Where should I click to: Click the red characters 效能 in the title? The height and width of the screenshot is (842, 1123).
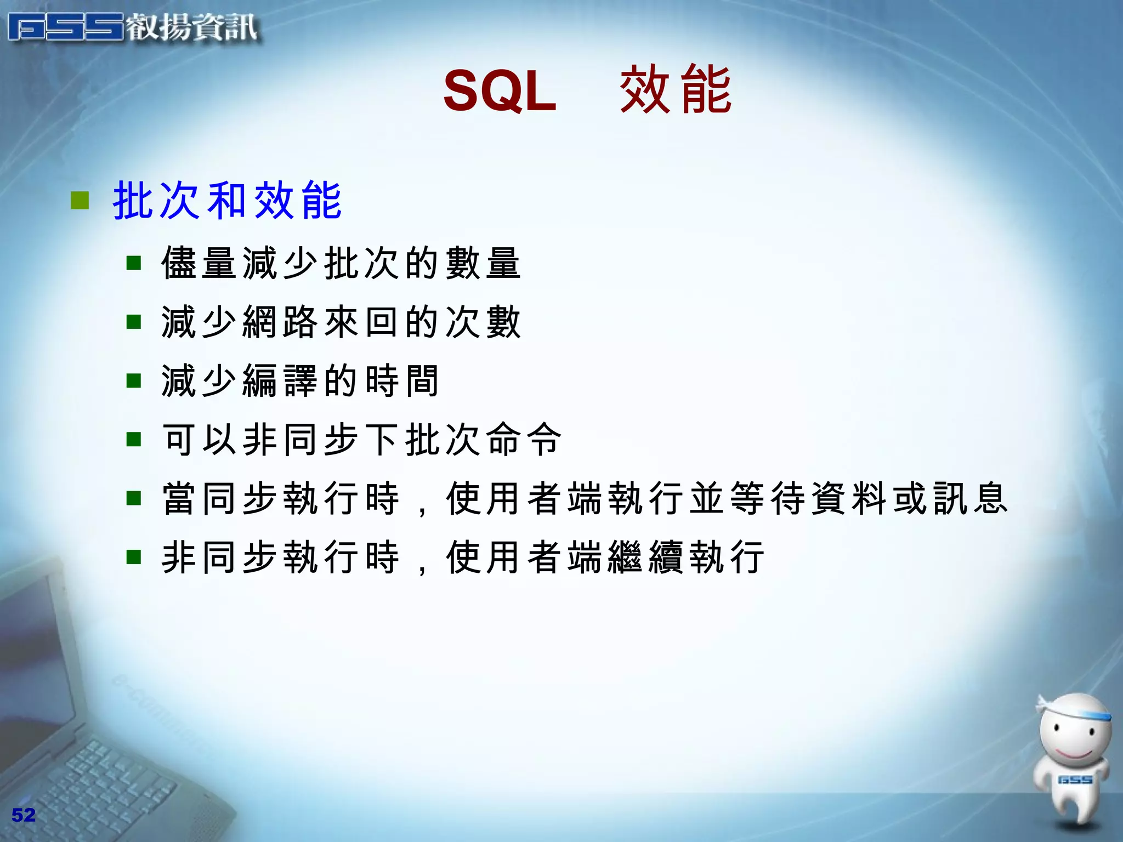pos(676,89)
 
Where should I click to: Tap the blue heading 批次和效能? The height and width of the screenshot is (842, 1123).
pos(227,201)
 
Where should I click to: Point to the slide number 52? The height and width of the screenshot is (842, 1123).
pos(24,815)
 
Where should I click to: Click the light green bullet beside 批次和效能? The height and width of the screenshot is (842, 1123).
pos(80,201)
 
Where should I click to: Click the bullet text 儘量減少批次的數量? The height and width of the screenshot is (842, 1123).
pos(341,264)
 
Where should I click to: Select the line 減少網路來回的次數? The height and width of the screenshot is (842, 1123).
pos(341,322)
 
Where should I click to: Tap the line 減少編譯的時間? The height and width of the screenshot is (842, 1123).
pos(300,381)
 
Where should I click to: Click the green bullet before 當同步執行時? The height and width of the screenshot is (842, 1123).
pos(134,498)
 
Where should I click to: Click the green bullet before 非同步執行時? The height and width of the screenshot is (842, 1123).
pos(134,557)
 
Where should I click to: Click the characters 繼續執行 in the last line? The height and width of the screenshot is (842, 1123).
pos(706,557)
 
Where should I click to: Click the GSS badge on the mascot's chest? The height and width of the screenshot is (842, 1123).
pos(1075,779)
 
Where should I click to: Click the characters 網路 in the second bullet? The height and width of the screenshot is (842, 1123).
pos(280,322)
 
